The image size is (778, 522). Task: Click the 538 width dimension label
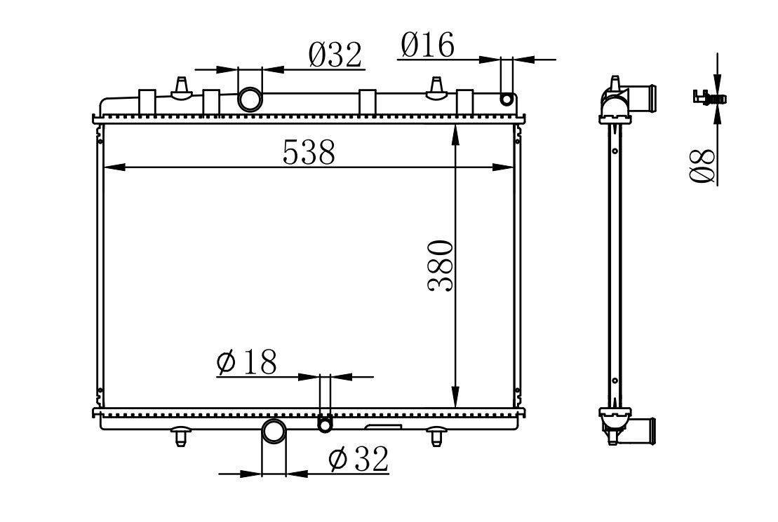point(309,152)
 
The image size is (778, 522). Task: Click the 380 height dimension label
point(441,266)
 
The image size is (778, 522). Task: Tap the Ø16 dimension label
point(427,45)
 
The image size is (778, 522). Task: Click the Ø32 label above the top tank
point(335,55)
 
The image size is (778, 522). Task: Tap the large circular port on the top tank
point(250,99)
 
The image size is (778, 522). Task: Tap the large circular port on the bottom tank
point(274,431)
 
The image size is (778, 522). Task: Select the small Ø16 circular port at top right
point(506,99)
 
